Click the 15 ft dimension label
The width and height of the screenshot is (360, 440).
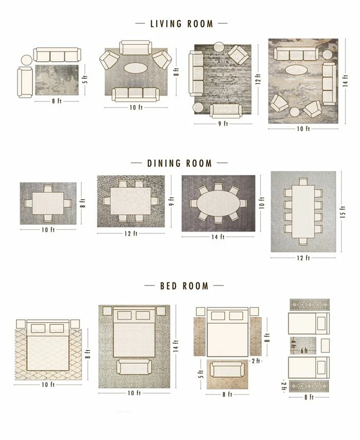pyautogui.click(x=343, y=212)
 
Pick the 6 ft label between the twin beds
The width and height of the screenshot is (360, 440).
pyautogui.click(x=304, y=350)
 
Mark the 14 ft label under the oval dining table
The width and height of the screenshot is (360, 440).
pyautogui.click(x=218, y=237)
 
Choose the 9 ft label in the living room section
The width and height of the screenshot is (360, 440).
pyautogui.click(x=222, y=124)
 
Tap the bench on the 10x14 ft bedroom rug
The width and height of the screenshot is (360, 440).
pyautogui.click(x=134, y=367)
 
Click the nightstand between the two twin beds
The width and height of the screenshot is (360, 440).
pyautogui.click(x=325, y=344)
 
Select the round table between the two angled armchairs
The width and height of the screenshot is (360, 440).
pyautogui.click(x=295, y=112)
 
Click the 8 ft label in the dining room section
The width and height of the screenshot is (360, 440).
pyautogui.click(x=82, y=203)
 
